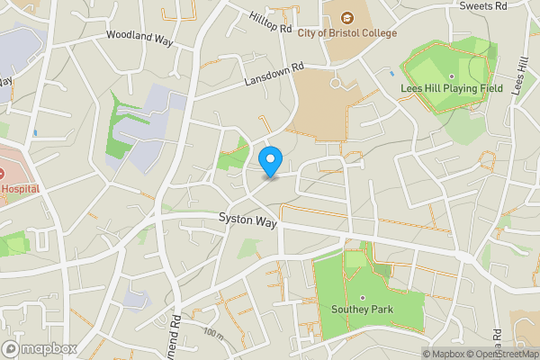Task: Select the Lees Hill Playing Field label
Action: pyautogui.click(x=451, y=88)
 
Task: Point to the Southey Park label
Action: pyautogui.click(x=362, y=312)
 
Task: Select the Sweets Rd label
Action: pyautogui.click(x=482, y=5)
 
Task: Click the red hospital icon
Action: pyautogui.click(x=3, y=173)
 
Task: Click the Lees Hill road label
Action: pyautogui.click(x=519, y=73)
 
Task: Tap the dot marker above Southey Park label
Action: pyautogui.click(x=362, y=298)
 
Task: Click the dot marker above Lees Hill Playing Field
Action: pyautogui.click(x=451, y=76)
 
